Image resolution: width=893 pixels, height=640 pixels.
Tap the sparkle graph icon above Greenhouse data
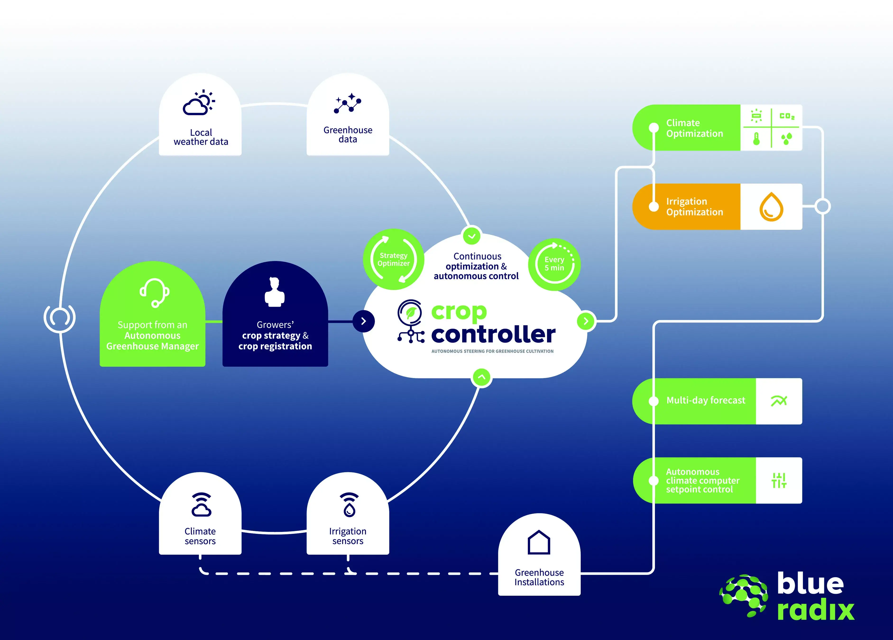pyautogui.click(x=348, y=104)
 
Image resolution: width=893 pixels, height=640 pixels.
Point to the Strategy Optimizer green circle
pyautogui.click(x=393, y=259)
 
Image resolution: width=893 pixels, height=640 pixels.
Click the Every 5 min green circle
pyautogui.click(x=554, y=264)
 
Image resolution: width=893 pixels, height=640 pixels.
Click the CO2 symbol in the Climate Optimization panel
pyautogui.click(x=787, y=116)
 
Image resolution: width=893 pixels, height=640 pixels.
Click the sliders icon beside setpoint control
pyautogui.click(x=778, y=480)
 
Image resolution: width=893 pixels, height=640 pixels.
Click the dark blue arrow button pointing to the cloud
pyautogui.click(x=364, y=321)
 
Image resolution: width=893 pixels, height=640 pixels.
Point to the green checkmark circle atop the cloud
pyautogui.click(x=471, y=236)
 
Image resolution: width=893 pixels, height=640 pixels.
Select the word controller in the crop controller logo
pyautogui.click(x=493, y=334)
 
